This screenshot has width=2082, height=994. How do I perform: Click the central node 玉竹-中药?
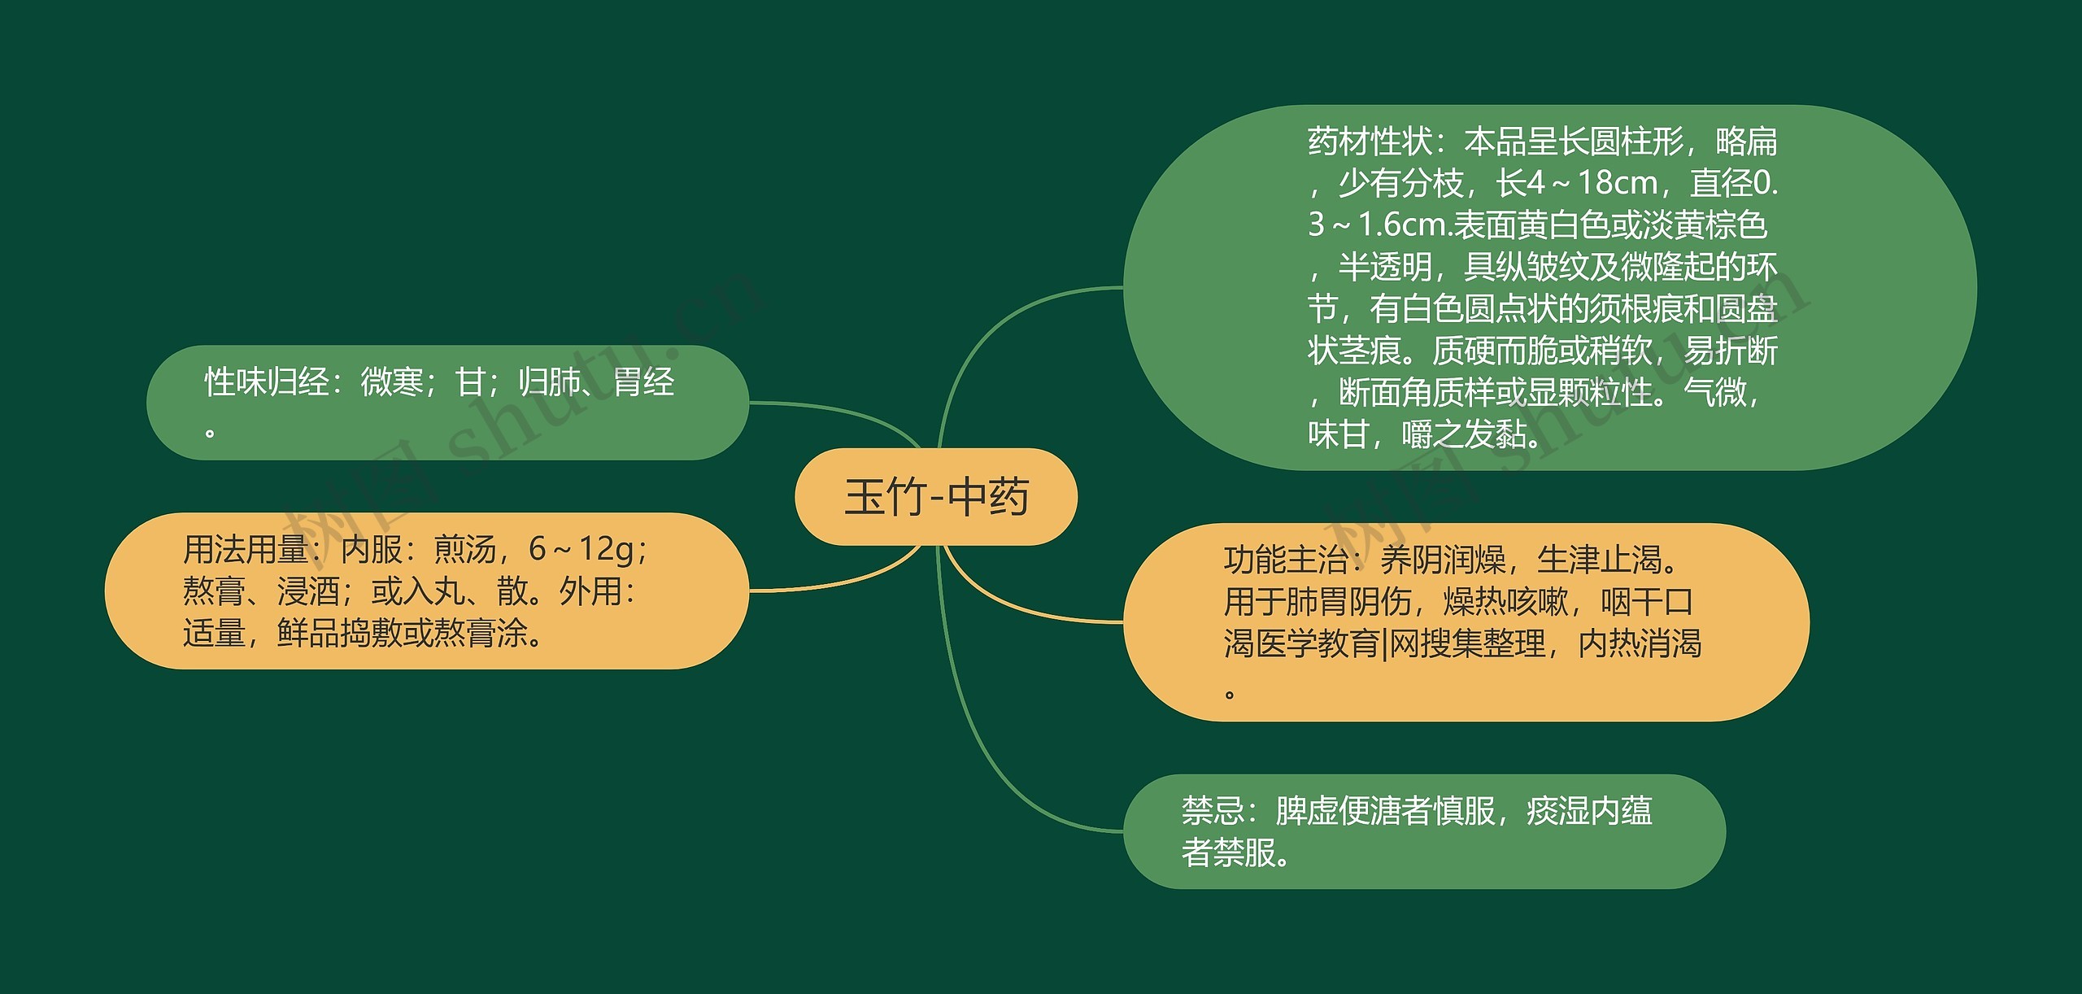(x=936, y=497)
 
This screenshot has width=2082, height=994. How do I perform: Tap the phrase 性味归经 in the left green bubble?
(x=267, y=381)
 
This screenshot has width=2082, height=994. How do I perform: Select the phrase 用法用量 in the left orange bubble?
(x=245, y=550)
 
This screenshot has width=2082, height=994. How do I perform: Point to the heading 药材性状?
(x=1370, y=142)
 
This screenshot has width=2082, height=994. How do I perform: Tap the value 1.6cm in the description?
(x=1405, y=225)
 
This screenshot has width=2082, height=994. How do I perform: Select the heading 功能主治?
(x=1286, y=560)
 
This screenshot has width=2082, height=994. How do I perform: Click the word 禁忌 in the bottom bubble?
(x=1213, y=811)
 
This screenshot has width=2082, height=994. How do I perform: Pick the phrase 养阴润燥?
(x=1444, y=560)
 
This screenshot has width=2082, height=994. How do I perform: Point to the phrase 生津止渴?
(x=1600, y=560)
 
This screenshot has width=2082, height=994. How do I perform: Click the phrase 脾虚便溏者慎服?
(x=1385, y=811)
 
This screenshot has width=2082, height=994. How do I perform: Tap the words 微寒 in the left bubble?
(x=392, y=381)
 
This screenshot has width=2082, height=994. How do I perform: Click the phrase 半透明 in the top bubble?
(x=1385, y=267)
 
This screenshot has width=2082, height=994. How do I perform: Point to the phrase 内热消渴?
(x=1640, y=644)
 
